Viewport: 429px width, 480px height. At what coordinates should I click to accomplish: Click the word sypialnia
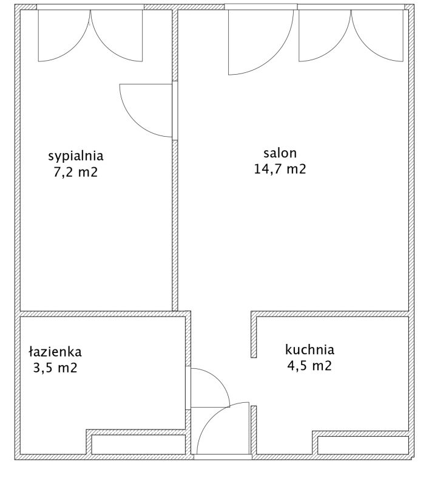(x=76, y=156)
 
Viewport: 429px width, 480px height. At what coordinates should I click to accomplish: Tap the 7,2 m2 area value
(x=76, y=173)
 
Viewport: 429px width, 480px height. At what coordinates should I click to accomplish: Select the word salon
(x=280, y=153)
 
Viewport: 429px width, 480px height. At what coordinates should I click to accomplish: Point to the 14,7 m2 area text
(x=280, y=169)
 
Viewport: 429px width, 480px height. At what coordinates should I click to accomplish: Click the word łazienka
(x=55, y=352)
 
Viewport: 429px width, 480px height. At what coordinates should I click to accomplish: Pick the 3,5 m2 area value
(x=55, y=368)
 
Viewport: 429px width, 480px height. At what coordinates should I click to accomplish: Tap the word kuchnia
(x=309, y=349)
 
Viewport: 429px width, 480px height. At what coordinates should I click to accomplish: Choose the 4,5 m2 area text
(x=309, y=366)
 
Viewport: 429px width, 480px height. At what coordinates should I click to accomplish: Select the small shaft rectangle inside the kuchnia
(x=363, y=445)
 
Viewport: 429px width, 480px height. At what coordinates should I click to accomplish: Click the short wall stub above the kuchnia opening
(x=254, y=334)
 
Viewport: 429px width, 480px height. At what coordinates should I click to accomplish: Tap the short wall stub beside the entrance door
(x=254, y=430)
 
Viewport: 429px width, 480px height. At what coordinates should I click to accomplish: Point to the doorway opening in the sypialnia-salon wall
(x=175, y=111)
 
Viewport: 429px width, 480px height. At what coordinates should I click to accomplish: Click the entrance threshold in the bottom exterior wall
(x=223, y=457)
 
